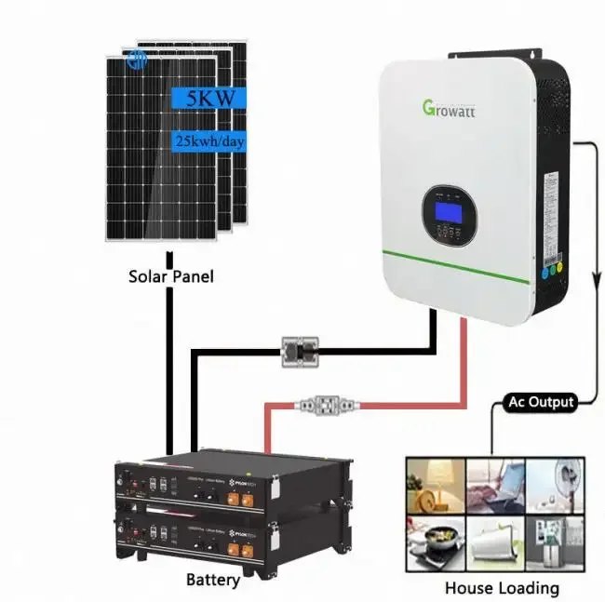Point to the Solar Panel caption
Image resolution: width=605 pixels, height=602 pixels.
coord(171,276)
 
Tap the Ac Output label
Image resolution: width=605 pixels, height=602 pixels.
coord(540,402)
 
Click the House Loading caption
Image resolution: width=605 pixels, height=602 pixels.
coord(501,587)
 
